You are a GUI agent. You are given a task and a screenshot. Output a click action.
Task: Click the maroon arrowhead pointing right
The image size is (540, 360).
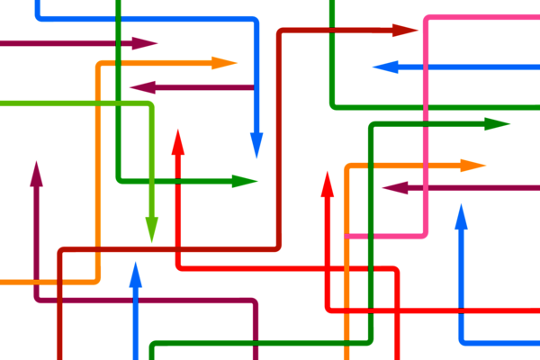click(x=144, y=42)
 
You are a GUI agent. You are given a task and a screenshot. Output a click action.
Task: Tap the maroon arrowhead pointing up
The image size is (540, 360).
click(x=36, y=174)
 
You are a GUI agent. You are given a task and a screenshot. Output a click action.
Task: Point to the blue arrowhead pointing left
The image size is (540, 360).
click(x=385, y=67)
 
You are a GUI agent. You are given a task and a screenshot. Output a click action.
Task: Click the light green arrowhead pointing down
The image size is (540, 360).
click(x=151, y=229)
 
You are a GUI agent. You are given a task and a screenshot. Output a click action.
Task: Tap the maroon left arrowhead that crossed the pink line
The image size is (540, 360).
click(x=394, y=188)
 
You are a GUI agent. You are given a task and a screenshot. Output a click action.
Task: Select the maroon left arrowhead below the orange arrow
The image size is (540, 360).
click(x=142, y=87)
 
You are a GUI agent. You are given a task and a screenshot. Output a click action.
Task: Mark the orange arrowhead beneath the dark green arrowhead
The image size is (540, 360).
click(x=472, y=166)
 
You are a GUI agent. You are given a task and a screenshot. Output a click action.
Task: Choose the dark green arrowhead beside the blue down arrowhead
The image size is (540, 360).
click(x=244, y=181)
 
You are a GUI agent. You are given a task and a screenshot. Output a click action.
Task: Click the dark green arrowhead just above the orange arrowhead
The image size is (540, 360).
click(x=497, y=124)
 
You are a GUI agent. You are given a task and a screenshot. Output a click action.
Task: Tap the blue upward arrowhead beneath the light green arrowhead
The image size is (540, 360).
click(x=136, y=274)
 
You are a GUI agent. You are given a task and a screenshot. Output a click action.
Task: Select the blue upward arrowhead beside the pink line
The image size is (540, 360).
click(x=461, y=217)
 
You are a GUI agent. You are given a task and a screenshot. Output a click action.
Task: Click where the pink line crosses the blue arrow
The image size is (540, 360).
click(x=426, y=67)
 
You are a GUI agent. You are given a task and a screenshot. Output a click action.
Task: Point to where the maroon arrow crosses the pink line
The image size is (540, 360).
click(x=426, y=188)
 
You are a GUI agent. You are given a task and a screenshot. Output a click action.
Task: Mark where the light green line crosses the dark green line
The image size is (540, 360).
click(x=118, y=104)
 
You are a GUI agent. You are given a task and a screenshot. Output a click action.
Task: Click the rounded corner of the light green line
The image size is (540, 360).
click(x=149, y=106)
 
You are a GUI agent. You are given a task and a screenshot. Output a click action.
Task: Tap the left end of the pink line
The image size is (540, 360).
click(x=348, y=236)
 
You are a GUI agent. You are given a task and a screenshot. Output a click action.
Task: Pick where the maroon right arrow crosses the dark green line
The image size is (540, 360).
click(x=118, y=42)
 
